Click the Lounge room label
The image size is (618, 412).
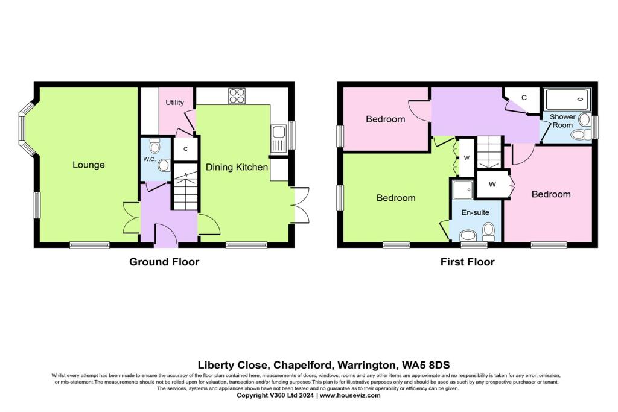[89, 165]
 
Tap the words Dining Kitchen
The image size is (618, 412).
[237, 167]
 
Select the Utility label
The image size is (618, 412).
[174, 103]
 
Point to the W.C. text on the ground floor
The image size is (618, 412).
[149, 159]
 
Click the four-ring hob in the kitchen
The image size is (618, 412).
[236, 96]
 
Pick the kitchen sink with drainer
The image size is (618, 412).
[278, 138]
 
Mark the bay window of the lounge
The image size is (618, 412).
[27, 128]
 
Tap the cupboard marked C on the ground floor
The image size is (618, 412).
[185, 149]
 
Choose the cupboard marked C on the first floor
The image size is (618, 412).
[524, 97]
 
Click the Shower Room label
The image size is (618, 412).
[562, 121]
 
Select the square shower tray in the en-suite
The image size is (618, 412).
[463, 190]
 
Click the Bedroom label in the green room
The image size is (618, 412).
[396, 198]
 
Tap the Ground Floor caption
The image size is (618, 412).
[164, 262]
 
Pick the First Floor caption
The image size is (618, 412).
[467, 262]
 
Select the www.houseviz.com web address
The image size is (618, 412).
[349, 395]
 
